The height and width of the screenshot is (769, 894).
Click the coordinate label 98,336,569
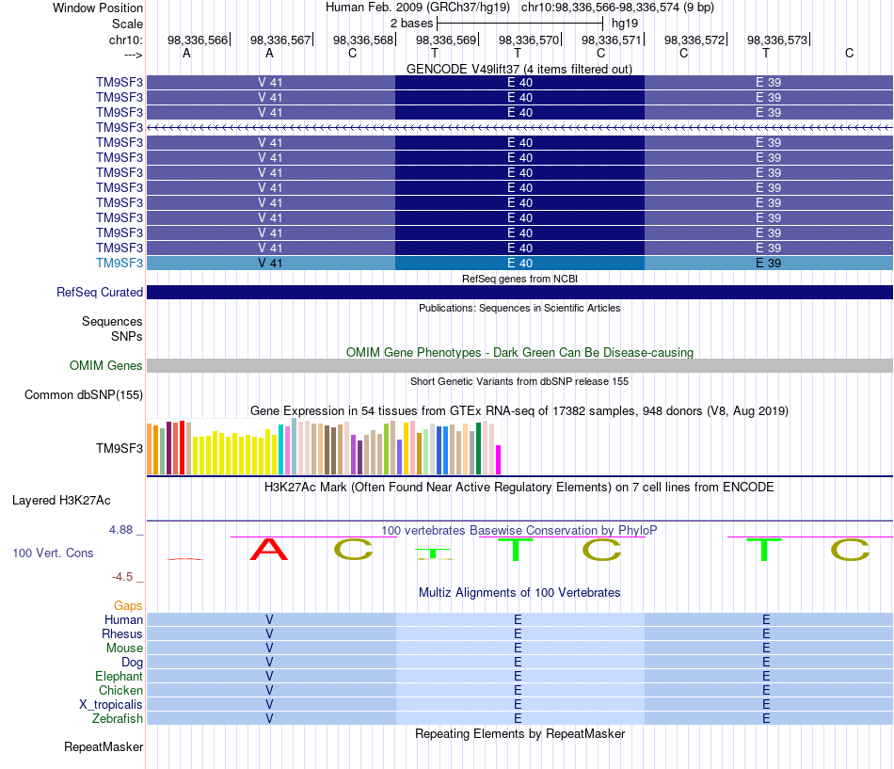pos(446,40)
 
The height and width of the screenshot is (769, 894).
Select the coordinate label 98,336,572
pos(694,40)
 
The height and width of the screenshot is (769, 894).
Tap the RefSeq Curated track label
pos(100,292)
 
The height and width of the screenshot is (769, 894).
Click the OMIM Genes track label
pos(106,365)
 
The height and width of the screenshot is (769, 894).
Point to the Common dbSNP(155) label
pos(84,394)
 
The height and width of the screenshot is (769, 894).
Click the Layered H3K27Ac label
pos(61,501)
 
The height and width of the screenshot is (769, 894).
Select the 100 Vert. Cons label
pos(53,553)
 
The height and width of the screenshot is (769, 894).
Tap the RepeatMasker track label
pos(104,746)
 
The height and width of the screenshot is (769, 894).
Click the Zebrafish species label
pos(118,718)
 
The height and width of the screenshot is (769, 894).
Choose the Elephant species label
pos(120,676)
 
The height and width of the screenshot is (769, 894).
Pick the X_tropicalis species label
pos(111,705)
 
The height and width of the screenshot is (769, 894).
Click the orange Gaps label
pos(128,605)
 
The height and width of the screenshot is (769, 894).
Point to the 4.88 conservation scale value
pos(120,530)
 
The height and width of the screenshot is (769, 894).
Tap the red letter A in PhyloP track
pos(269,550)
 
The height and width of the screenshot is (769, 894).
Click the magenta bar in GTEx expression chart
pos(499,460)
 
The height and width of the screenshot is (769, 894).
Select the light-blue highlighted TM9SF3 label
pos(120,263)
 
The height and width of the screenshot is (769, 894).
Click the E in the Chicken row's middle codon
pos(518,690)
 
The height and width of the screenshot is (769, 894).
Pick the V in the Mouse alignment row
pos(269,649)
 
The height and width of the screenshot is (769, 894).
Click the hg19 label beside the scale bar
pos(625,24)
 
